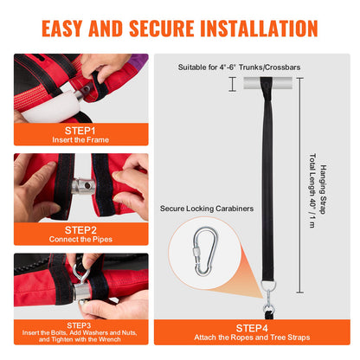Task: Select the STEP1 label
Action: tap(80, 131)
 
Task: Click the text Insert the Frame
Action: tap(80, 140)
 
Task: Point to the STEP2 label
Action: tap(80, 230)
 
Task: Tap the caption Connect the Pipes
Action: tap(80, 239)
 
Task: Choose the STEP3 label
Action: tap(79, 325)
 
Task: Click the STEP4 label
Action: tap(252, 328)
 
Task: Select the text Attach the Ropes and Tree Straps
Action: tap(252, 337)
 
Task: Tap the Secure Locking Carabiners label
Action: tap(207, 209)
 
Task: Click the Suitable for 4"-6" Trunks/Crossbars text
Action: tap(239, 67)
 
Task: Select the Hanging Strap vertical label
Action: tap(323, 190)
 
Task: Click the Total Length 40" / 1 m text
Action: tap(312, 190)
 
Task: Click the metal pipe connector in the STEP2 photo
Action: tap(83, 186)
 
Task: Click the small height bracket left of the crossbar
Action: tap(233, 84)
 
